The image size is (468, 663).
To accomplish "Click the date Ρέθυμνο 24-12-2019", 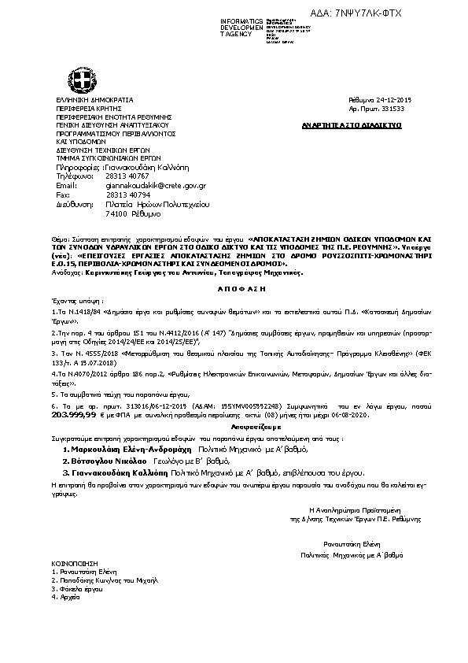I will pos(378,101).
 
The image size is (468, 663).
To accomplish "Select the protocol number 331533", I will pos(392,109).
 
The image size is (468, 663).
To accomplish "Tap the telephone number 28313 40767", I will pos(127,176).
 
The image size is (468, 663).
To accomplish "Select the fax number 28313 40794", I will pos(127,194).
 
